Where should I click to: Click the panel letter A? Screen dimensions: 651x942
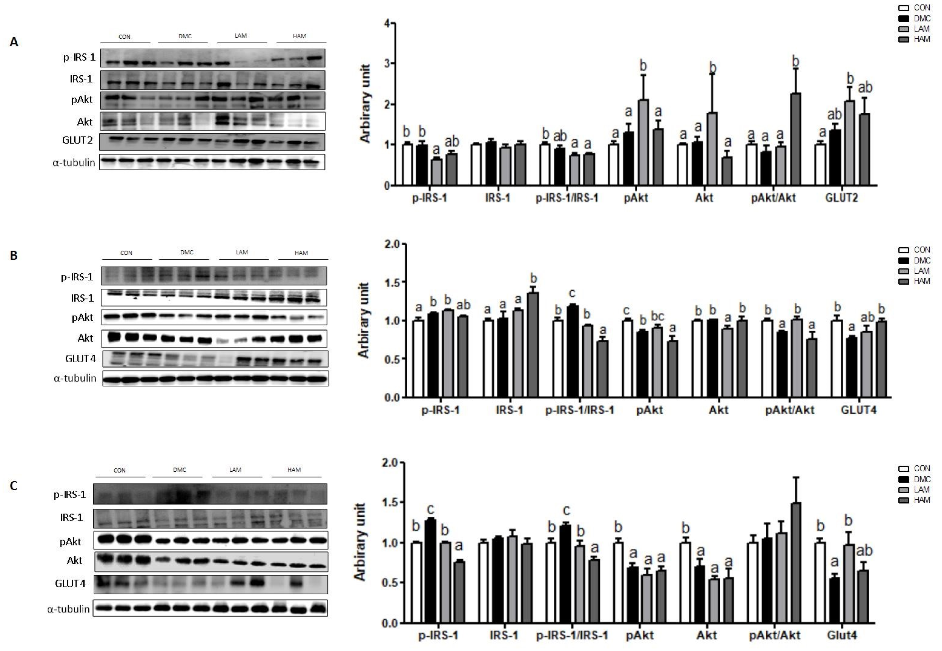(x=14, y=42)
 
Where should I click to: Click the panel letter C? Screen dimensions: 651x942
(x=14, y=486)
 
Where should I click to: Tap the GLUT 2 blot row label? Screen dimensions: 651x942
(x=78, y=140)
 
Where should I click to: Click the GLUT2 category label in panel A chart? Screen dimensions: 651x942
(x=841, y=198)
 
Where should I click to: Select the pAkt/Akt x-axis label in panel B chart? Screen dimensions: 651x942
(x=790, y=410)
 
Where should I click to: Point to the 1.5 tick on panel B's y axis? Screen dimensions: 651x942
(x=392, y=282)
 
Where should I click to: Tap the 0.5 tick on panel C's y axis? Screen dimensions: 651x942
(x=390, y=583)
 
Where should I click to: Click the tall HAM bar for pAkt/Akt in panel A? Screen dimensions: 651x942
(x=795, y=139)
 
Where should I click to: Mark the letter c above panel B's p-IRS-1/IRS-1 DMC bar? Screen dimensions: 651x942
(x=572, y=293)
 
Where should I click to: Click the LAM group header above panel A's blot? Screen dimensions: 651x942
(x=241, y=36)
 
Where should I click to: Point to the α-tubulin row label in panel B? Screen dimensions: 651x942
(x=75, y=378)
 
